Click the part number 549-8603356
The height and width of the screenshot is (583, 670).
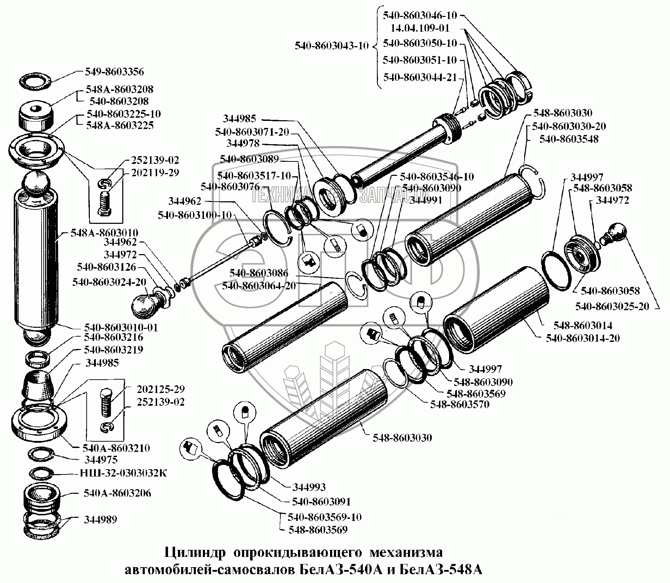114,72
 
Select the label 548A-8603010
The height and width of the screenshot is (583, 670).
104,233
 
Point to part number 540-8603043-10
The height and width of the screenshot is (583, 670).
332,45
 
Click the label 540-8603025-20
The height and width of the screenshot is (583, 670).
612,306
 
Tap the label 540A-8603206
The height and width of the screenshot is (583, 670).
118,493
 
